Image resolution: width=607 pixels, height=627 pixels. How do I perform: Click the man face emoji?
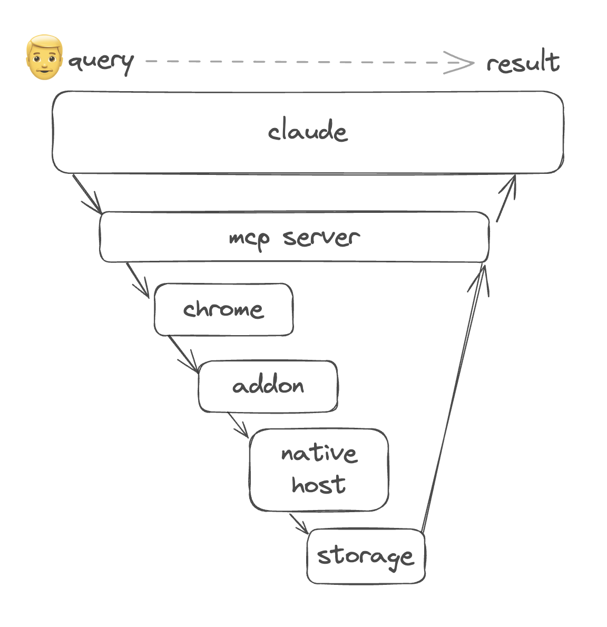point(44,58)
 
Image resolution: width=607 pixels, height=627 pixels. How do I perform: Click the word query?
point(101,62)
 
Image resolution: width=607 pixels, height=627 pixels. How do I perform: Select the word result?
point(522,63)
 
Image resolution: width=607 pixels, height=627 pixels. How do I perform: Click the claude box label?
point(308,131)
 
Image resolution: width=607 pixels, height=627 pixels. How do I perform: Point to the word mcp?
point(249,239)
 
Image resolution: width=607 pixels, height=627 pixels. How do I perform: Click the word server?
point(321,238)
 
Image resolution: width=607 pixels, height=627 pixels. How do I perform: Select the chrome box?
point(223,309)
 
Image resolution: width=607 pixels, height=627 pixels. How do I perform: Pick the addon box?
point(268,386)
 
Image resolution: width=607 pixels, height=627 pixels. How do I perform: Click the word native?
point(319,453)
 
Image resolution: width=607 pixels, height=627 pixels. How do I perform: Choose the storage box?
point(366,556)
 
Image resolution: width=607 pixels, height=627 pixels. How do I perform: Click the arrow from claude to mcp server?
point(87,193)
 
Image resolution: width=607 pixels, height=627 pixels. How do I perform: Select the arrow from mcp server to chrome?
point(138,279)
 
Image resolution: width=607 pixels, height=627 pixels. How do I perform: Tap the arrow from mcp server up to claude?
point(506,198)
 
